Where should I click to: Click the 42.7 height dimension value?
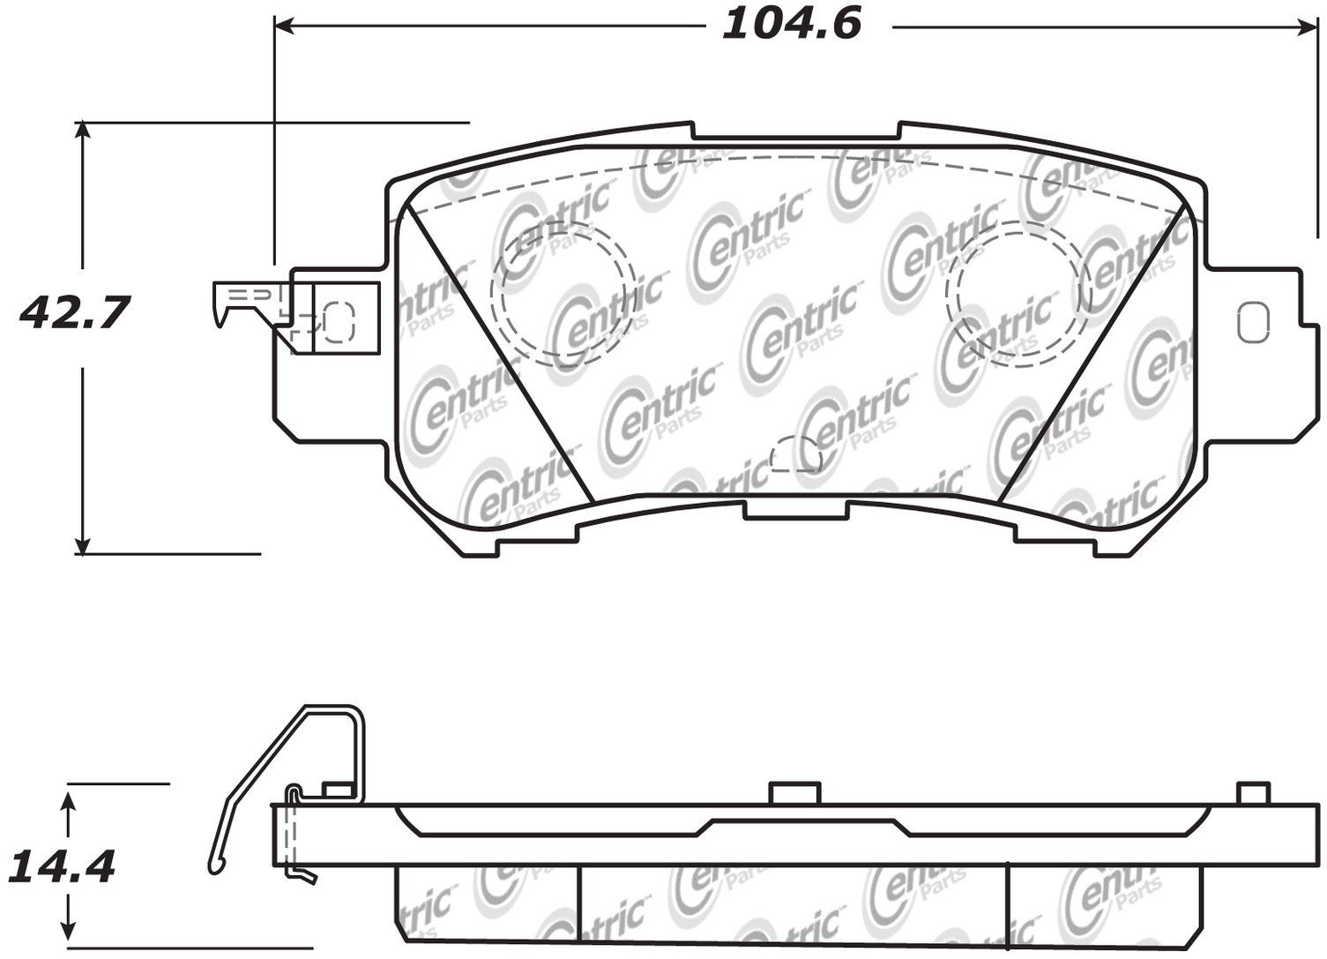(x=74, y=313)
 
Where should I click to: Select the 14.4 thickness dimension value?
(x=61, y=867)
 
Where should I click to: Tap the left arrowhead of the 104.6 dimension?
(x=284, y=26)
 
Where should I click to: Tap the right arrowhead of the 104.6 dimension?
(x=1308, y=26)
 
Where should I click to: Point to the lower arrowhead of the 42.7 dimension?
(x=83, y=544)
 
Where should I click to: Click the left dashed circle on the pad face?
(x=563, y=294)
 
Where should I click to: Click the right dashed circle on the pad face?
(x=1018, y=294)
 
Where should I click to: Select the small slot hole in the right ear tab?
(x=1254, y=322)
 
